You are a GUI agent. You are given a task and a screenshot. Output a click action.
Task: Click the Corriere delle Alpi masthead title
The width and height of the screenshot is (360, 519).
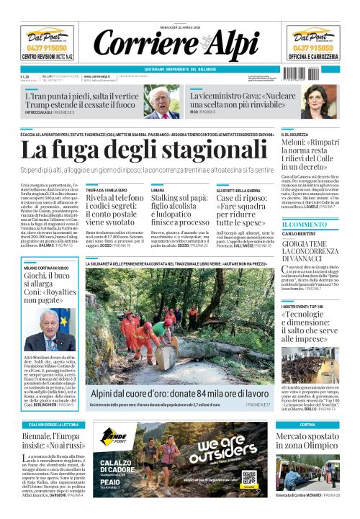click(x=179, y=44)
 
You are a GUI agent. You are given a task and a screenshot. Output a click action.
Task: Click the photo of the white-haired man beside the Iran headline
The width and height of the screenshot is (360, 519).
click(x=165, y=102)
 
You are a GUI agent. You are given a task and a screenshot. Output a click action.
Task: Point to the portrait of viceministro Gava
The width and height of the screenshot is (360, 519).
click(x=315, y=101)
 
